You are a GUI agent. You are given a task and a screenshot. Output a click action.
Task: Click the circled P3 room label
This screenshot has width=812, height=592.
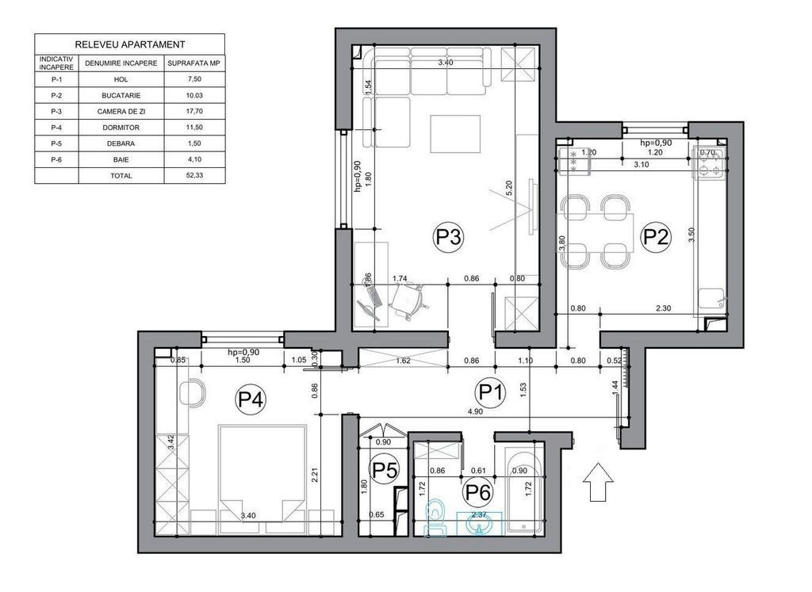[447, 237]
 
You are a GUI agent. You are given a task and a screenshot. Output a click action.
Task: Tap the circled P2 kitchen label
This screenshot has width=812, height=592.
[656, 237]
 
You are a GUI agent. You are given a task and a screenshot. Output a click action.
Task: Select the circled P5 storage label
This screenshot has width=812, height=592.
[385, 470]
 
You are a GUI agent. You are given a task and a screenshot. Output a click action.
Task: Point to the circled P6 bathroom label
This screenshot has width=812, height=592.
[477, 492]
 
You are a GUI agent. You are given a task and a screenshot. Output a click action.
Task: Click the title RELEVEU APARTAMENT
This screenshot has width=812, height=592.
[129, 44]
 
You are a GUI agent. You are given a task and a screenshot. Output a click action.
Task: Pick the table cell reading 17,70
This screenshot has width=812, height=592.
[194, 111]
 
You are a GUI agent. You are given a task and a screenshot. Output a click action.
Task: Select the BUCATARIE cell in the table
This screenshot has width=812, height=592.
[121, 95]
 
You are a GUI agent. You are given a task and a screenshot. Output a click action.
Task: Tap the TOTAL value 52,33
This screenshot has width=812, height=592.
[194, 175]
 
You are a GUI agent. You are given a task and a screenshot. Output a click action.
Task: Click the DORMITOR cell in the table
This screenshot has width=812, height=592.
[121, 128]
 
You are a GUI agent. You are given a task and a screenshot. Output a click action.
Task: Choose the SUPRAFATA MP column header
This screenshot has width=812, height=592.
[194, 63]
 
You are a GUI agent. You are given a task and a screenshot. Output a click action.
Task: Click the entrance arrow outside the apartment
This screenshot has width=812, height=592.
[598, 482]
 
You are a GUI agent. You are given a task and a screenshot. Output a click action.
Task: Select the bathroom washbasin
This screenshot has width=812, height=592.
[480, 523]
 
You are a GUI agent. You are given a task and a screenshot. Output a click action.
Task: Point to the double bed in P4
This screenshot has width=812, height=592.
[262, 479]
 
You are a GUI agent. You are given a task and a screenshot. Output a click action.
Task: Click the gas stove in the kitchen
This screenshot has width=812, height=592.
[709, 162]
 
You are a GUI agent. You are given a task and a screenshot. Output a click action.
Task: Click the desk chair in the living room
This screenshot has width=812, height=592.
[409, 301]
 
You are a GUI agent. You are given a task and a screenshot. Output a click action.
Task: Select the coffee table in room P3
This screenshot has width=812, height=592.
[455, 134]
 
